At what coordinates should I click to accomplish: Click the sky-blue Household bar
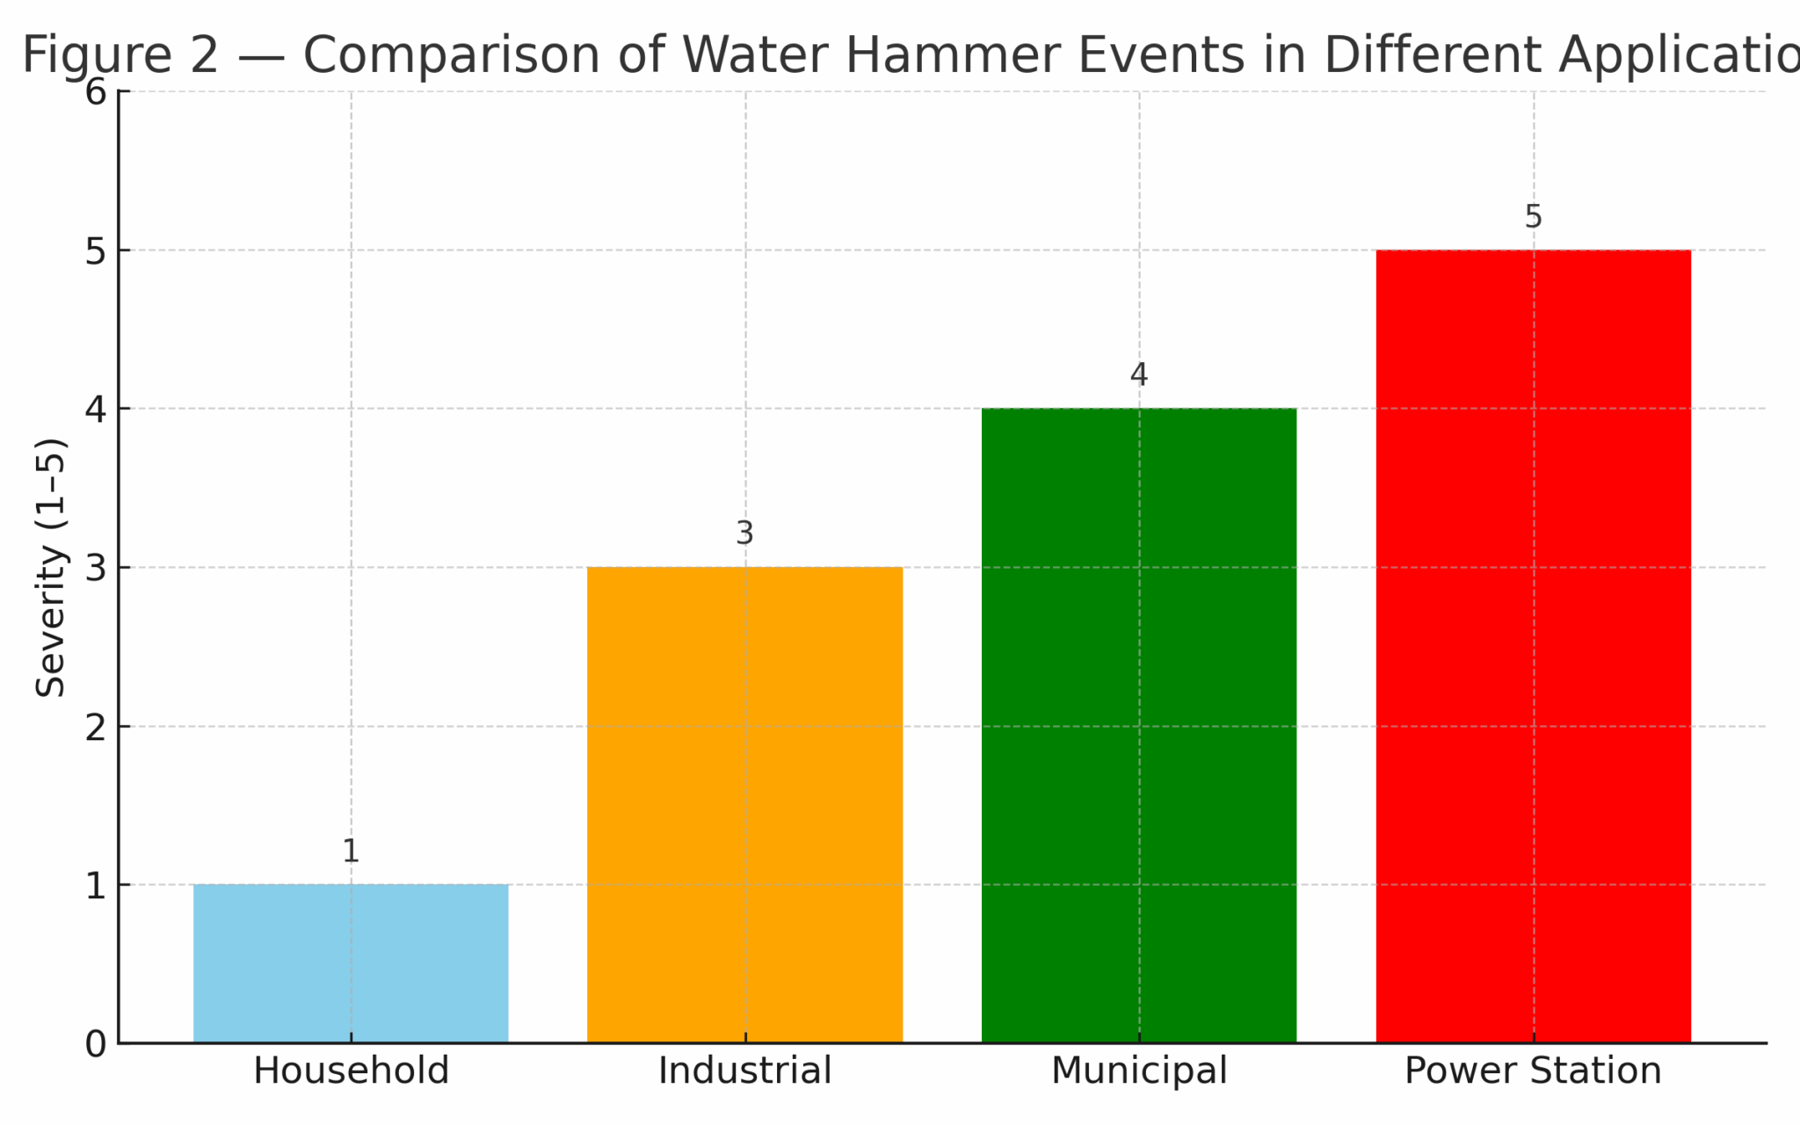[351, 963]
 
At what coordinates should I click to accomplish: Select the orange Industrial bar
[744, 805]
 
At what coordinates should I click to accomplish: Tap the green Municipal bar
[1138, 725]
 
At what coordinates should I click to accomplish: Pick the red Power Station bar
[1533, 646]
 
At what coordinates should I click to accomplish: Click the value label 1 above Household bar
[351, 851]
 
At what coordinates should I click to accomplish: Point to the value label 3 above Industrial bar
[744, 533]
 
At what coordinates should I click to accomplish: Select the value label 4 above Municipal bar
[1138, 374]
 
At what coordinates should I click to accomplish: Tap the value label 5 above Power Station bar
[1533, 216]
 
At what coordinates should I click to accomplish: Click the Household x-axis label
[351, 1071]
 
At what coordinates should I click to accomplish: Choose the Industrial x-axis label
[744, 1071]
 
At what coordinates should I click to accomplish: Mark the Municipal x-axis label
[1138, 1071]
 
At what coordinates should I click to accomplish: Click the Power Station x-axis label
[1533, 1071]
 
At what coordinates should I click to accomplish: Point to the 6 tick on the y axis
[96, 91]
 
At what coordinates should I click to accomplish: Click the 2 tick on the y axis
[96, 727]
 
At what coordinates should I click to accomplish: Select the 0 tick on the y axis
[96, 1044]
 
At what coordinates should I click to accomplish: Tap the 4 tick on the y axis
[96, 410]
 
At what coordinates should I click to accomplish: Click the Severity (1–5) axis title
[51, 567]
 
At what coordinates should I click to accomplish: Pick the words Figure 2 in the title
[120, 54]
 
